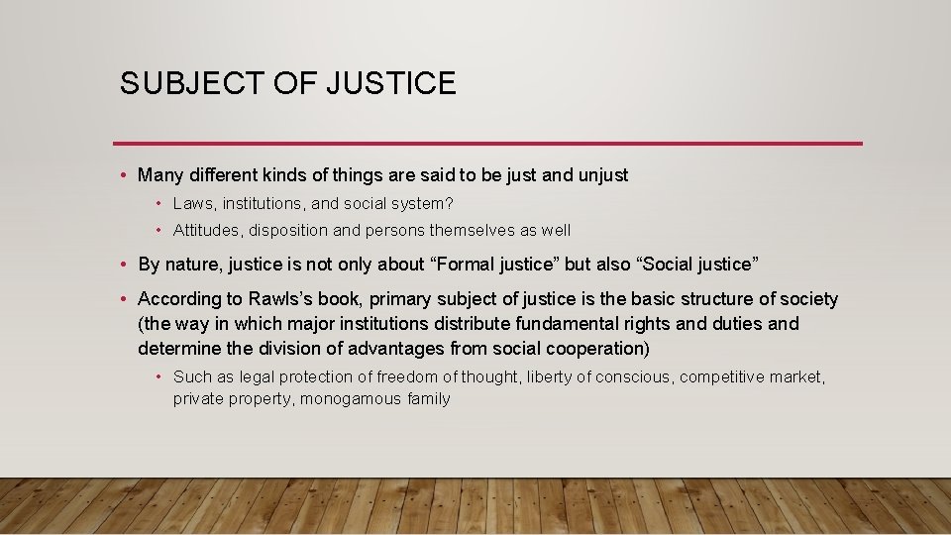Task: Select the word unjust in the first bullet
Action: coord(602,175)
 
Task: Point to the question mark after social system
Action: coord(450,203)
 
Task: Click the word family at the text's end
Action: coord(429,399)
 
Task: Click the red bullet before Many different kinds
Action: coord(122,175)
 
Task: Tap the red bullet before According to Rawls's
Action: coord(122,299)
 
